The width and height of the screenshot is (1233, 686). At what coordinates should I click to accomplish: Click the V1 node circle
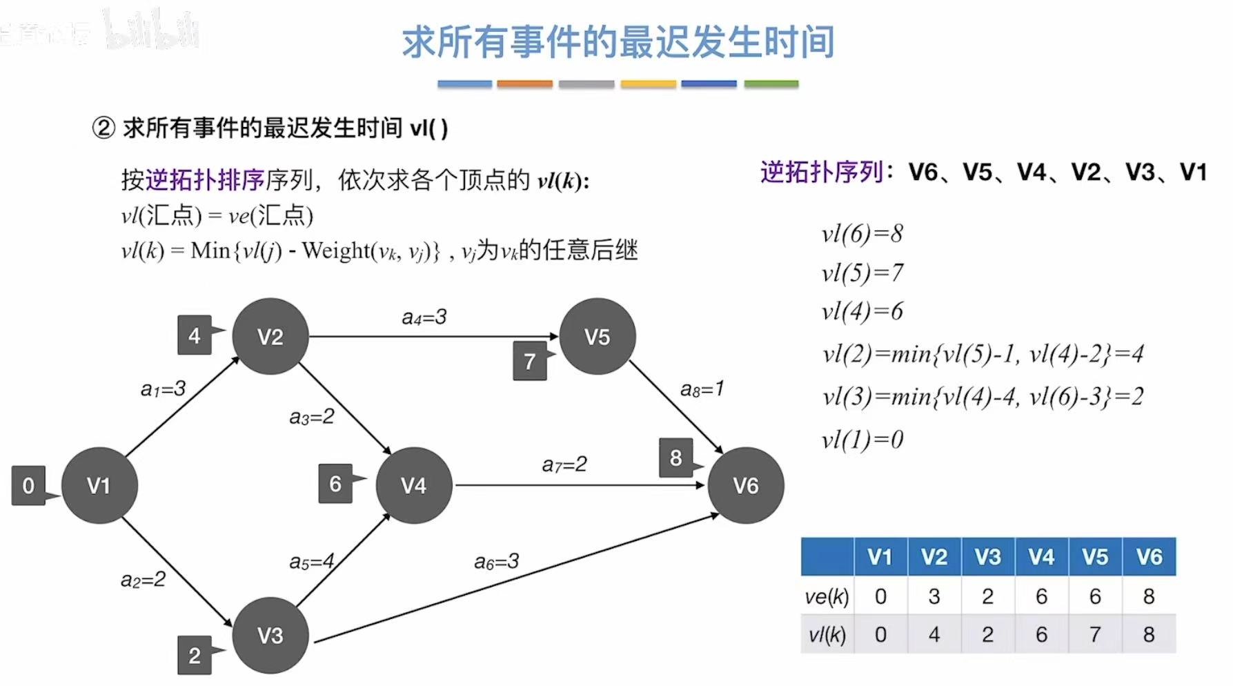(x=99, y=485)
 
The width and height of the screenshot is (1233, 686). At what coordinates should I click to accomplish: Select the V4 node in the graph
(x=413, y=485)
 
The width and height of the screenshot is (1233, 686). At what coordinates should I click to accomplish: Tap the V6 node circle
(x=745, y=485)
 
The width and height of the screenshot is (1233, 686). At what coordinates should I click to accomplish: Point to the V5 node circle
(x=597, y=337)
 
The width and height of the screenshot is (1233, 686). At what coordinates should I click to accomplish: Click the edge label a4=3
(x=424, y=317)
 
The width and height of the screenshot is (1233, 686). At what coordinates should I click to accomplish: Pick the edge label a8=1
(x=702, y=389)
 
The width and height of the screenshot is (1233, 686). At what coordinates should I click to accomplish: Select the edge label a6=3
(x=496, y=562)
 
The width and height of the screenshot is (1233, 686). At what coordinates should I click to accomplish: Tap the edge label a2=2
(x=143, y=579)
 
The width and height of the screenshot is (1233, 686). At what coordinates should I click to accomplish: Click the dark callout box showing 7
(x=530, y=361)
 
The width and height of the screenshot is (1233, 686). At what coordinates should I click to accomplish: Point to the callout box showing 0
(x=28, y=485)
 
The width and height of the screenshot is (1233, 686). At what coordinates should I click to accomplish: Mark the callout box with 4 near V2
(x=195, y=335)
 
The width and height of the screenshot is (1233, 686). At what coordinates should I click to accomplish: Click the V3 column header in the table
(x=987, y=557)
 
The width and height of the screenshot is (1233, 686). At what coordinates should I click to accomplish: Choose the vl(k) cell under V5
(x=1095, y=634)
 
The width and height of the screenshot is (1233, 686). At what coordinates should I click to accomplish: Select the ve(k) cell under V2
(x=934, y=596)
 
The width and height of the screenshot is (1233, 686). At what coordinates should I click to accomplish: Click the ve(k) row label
(x=827, y=596)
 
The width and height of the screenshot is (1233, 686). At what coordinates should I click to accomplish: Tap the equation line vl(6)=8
(x=862, y=234)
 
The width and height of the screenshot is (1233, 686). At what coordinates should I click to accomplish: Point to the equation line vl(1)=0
(x=862, y=440)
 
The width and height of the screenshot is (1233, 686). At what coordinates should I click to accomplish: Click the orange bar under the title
(x=524, y=84)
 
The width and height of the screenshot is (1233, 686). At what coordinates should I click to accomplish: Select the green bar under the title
(x=771, y=84)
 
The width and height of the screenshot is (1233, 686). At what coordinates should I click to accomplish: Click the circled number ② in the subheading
(x=103, y=128)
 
